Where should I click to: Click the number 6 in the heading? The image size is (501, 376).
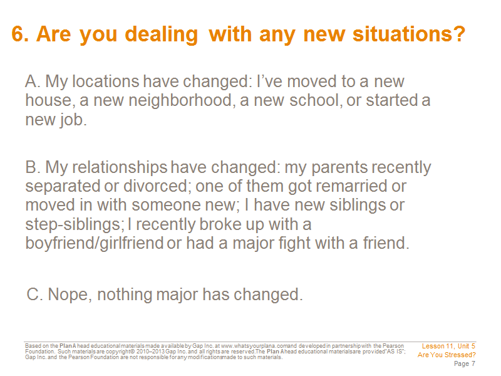click(x=18, y=34)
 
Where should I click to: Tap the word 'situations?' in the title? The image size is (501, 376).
click(x=409, y=34)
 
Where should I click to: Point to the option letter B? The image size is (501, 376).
click(x=31, y=167)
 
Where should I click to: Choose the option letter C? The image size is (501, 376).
click(x=33, y=294)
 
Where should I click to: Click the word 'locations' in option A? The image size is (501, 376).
click(x=106, y=81)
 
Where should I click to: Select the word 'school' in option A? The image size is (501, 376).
click(x=313, y=100)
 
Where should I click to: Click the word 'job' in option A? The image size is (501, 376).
click(x=70, y=120)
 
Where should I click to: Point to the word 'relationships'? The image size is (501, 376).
click(x=120, y=167)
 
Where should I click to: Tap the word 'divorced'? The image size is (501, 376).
click(x=155, y=186)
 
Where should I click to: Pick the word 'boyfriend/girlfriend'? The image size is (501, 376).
click(x=95, y=243)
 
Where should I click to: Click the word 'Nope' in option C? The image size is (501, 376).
click(x=68, y=295)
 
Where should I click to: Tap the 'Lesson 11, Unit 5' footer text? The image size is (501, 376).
click(x=448, y=347)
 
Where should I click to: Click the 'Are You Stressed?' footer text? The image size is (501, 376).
click(x=447, y=355)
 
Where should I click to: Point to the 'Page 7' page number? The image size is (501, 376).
click(x=464, y=364)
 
